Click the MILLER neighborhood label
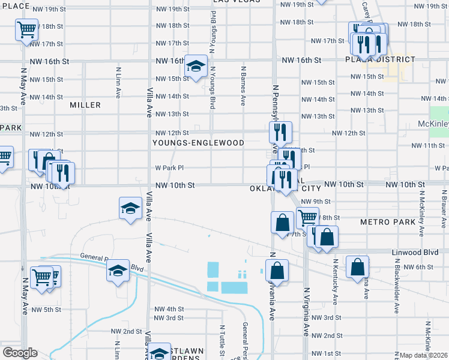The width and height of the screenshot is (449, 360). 85,105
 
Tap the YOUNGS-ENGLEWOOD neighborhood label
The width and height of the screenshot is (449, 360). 198,143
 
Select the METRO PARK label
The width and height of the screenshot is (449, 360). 388,222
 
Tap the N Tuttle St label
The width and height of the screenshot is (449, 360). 221,338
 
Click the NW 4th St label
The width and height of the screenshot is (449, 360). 168,308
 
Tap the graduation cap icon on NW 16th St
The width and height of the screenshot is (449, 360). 195,67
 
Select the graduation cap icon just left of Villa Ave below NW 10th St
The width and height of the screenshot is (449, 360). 130,208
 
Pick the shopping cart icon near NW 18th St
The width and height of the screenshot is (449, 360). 26,29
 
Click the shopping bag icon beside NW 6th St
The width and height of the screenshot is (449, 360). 357,267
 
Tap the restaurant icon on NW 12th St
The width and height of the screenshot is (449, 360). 280,132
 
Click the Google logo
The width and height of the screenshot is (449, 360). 19,353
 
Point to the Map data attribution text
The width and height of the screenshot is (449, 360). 423,355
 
